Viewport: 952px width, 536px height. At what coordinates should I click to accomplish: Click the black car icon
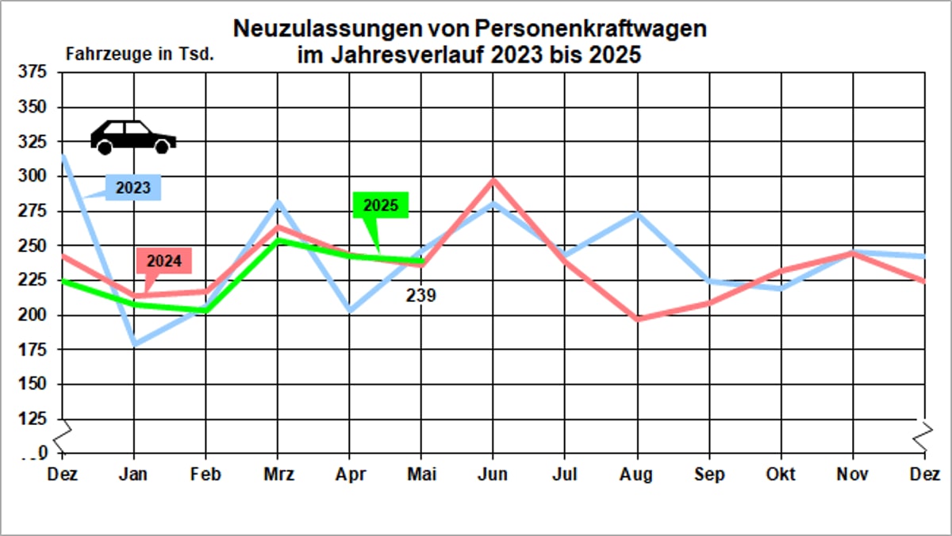[x=132, y=136]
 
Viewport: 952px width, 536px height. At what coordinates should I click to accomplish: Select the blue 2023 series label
[x=133, y=188]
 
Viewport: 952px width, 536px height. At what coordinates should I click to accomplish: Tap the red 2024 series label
[x=164, y=261]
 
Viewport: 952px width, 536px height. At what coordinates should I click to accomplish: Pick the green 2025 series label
[x=381, y=205]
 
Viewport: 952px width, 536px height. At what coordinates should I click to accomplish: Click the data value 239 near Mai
[x=420, y=296]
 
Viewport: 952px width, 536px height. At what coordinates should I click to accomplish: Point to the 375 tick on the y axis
[x=33, y=73]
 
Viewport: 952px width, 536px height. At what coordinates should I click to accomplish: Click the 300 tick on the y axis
[x=33, y=177]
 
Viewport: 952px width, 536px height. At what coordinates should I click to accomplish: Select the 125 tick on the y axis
[x=33, y=419]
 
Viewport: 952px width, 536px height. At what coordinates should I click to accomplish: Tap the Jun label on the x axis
[x=493, y=474]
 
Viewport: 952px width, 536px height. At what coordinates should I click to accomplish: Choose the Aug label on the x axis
[x=636, y=474]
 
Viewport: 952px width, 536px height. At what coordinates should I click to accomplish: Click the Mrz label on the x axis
[x=278, y=474]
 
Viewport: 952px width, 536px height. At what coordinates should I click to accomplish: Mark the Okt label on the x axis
[x=781, y=474]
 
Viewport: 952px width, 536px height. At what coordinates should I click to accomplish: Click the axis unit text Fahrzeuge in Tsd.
[x=140, y=56]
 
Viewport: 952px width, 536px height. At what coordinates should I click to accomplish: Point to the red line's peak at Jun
[x=493, y=180]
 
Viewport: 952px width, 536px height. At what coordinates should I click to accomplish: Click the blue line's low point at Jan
[x=135, y=345]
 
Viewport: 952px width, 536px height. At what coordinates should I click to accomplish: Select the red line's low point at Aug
[x=637, y=319]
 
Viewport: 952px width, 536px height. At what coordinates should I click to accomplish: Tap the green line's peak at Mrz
[x=278, y=239]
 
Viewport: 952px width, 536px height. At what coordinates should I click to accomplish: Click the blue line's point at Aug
[x=637, y=213]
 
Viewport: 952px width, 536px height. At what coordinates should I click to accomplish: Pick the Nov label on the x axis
[x=853, y=474]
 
